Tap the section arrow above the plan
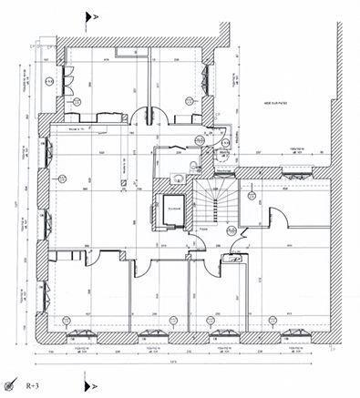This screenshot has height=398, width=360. click(87, 15)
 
